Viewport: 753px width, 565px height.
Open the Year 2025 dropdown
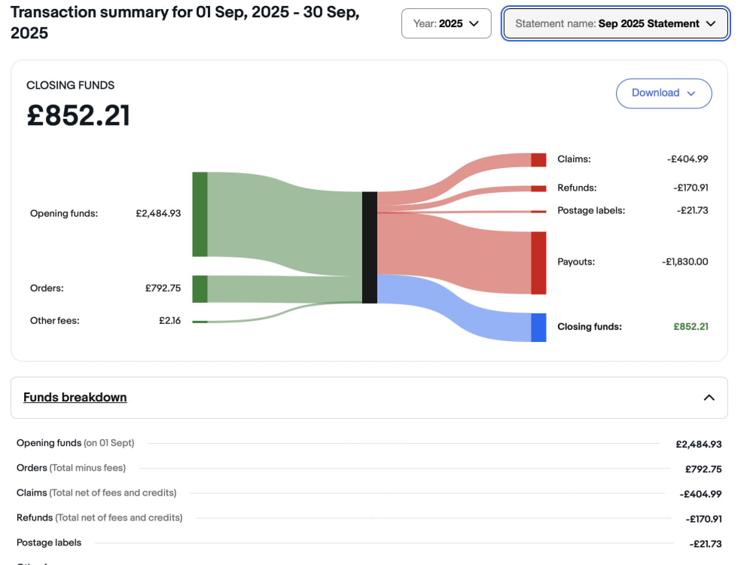coord(446,23)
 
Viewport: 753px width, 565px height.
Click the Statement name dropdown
coord(615,23)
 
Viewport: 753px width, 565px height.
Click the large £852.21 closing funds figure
coord(78,116)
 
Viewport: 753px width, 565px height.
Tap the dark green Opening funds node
coord(200,214)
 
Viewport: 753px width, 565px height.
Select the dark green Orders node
coord(200,289)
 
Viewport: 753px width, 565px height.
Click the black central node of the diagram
coord(369,247)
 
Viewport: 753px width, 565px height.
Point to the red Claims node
coord(538,160)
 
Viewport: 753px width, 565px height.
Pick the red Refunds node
coord(538,189)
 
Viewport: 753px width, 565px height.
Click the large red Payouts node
coord(538,263)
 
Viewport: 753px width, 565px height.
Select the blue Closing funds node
coord(538,328)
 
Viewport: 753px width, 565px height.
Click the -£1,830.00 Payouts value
coord(684,262)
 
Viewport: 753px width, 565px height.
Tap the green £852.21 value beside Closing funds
coord(691,327)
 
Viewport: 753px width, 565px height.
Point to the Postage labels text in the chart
coord(591,210)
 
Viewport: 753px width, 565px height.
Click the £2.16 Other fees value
coord(170,320)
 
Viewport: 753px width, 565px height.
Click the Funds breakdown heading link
coord(75,397)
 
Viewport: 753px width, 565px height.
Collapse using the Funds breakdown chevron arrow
coord(709,397)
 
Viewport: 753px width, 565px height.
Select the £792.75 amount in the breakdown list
coord(703,469)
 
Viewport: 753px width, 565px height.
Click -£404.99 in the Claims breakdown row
coord(700,494)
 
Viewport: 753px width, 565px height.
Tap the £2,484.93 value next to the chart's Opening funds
coord(158,213)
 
